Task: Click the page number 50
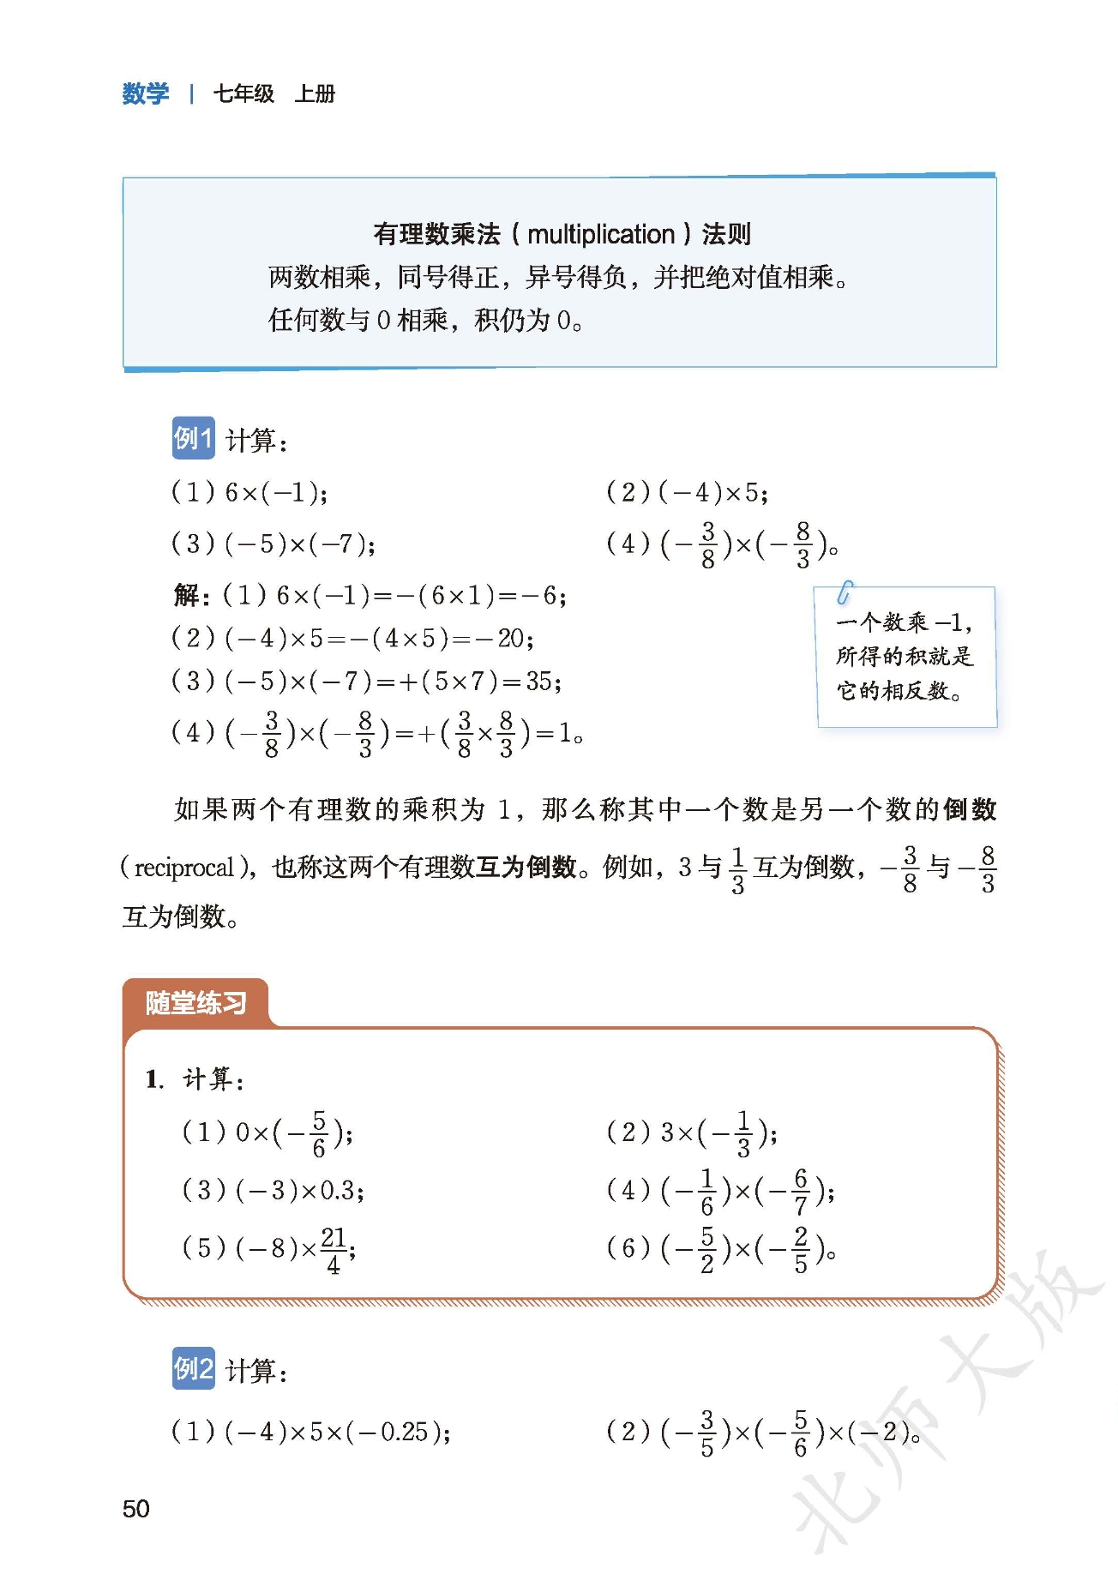[x=135, y=1508]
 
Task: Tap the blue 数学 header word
[x=146, y=93]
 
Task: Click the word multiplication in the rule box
[x=601, y=234]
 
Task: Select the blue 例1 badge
[x=193, y=439]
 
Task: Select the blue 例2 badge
[x=193, y=1368]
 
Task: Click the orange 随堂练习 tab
[x=195, y=1002]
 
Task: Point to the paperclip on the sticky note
[x=845, y=592]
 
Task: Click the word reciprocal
[x=183, y=868]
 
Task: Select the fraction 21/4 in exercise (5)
[x=334, y=1249]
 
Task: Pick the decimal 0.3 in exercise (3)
[x=338, y=1190]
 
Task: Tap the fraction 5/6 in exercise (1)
[x=319, y=1133]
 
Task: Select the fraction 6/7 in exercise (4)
[x=800, y=1191]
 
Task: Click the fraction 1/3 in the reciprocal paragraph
[x=737, y=869]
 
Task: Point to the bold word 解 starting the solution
[x=186, y=595]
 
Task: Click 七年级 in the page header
[x=243, y=93]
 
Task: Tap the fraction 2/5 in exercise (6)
[x=800, y=1249]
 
